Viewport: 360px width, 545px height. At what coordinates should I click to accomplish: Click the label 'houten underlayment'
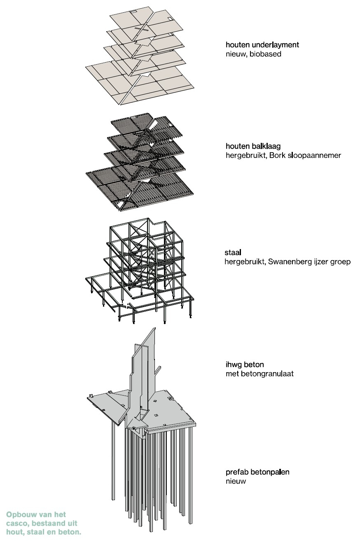(262, 45)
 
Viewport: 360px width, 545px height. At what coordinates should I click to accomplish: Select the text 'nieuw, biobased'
(253, 54)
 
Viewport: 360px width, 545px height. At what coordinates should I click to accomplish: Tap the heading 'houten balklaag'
(253, 146)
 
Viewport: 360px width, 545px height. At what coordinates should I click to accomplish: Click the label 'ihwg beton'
(245, 365)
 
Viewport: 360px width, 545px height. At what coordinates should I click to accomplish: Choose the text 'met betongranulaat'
(259, 374)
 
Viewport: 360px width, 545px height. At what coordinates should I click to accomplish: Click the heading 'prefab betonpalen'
(257, 472)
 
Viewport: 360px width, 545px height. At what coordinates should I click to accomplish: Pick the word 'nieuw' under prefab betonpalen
(236, 481)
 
